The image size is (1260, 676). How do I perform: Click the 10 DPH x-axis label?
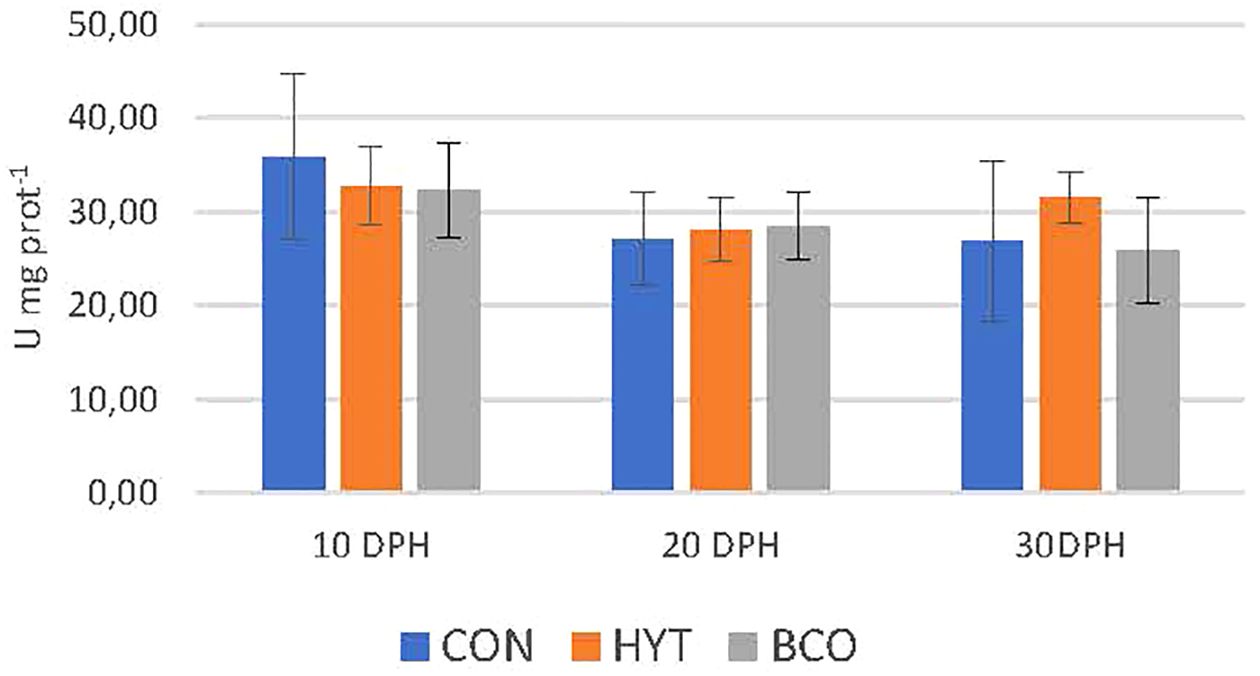click(371, 545)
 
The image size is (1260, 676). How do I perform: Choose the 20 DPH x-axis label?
click(721, 545)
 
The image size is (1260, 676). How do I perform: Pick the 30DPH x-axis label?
click(1070, 545)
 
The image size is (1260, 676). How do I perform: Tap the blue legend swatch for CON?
click(415, 647)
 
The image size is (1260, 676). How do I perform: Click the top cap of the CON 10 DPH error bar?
click(293, 74)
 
